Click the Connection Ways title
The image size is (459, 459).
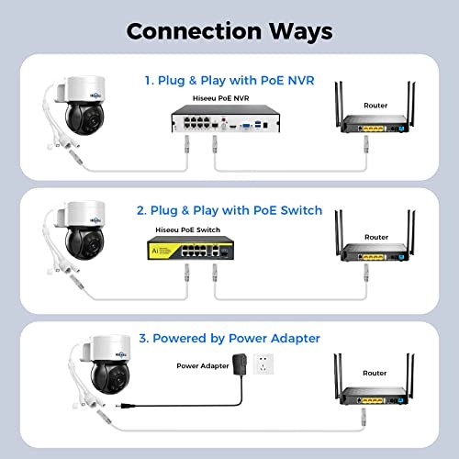click(229, 32)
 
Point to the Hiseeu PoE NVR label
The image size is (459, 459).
click(221, 98)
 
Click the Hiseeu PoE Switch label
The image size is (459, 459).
click(188, 229)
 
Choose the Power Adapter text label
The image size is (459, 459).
click(203, 366)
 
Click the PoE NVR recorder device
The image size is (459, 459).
click(226, 118)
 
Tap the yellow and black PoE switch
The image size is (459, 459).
click(190, 248)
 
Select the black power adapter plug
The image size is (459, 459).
click(240, 364)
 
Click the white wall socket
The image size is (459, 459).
click(263, 364)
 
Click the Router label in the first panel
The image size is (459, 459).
click(375, 106)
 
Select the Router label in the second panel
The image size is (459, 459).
click(376, 237)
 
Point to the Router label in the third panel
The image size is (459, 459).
click(375, 373)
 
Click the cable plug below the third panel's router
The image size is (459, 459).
click(364, 417)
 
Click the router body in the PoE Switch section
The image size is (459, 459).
click(375, 252)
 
